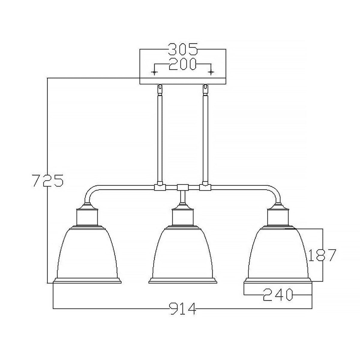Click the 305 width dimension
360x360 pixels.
click(x=183, y=49)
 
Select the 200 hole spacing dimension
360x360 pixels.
click(x=182, y=64)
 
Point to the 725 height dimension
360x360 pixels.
click(x=47, y=180)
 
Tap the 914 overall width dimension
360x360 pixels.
click(x=182, y=308)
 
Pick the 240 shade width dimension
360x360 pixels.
click(x=278, y=295)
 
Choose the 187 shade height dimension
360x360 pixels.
click(x=322, y=255)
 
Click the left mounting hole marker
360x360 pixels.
click(x=154, y=72)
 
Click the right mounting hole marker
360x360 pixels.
click(x=211, y=72)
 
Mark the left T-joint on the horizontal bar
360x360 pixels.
click(x=159, y=187)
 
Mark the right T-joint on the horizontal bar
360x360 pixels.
click(x=205, y=187)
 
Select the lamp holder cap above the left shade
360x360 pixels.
click(x=87, y=216)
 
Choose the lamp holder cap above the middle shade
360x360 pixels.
click(x=183, y=216)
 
